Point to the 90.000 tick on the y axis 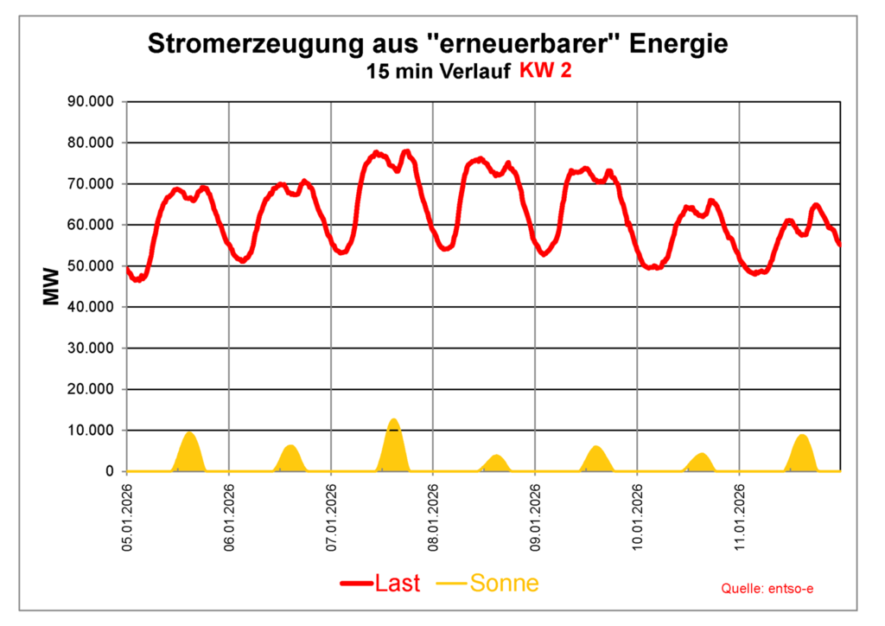tap(91, 102)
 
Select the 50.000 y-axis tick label tap(91, 266)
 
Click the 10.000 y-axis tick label tap(91, 431)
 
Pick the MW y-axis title tap(51, 286)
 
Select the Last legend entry tap(380, 584)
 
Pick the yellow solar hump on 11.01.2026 tap(802, 453)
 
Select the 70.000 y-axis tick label tap(91, 184)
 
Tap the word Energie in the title tap(678, 44)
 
